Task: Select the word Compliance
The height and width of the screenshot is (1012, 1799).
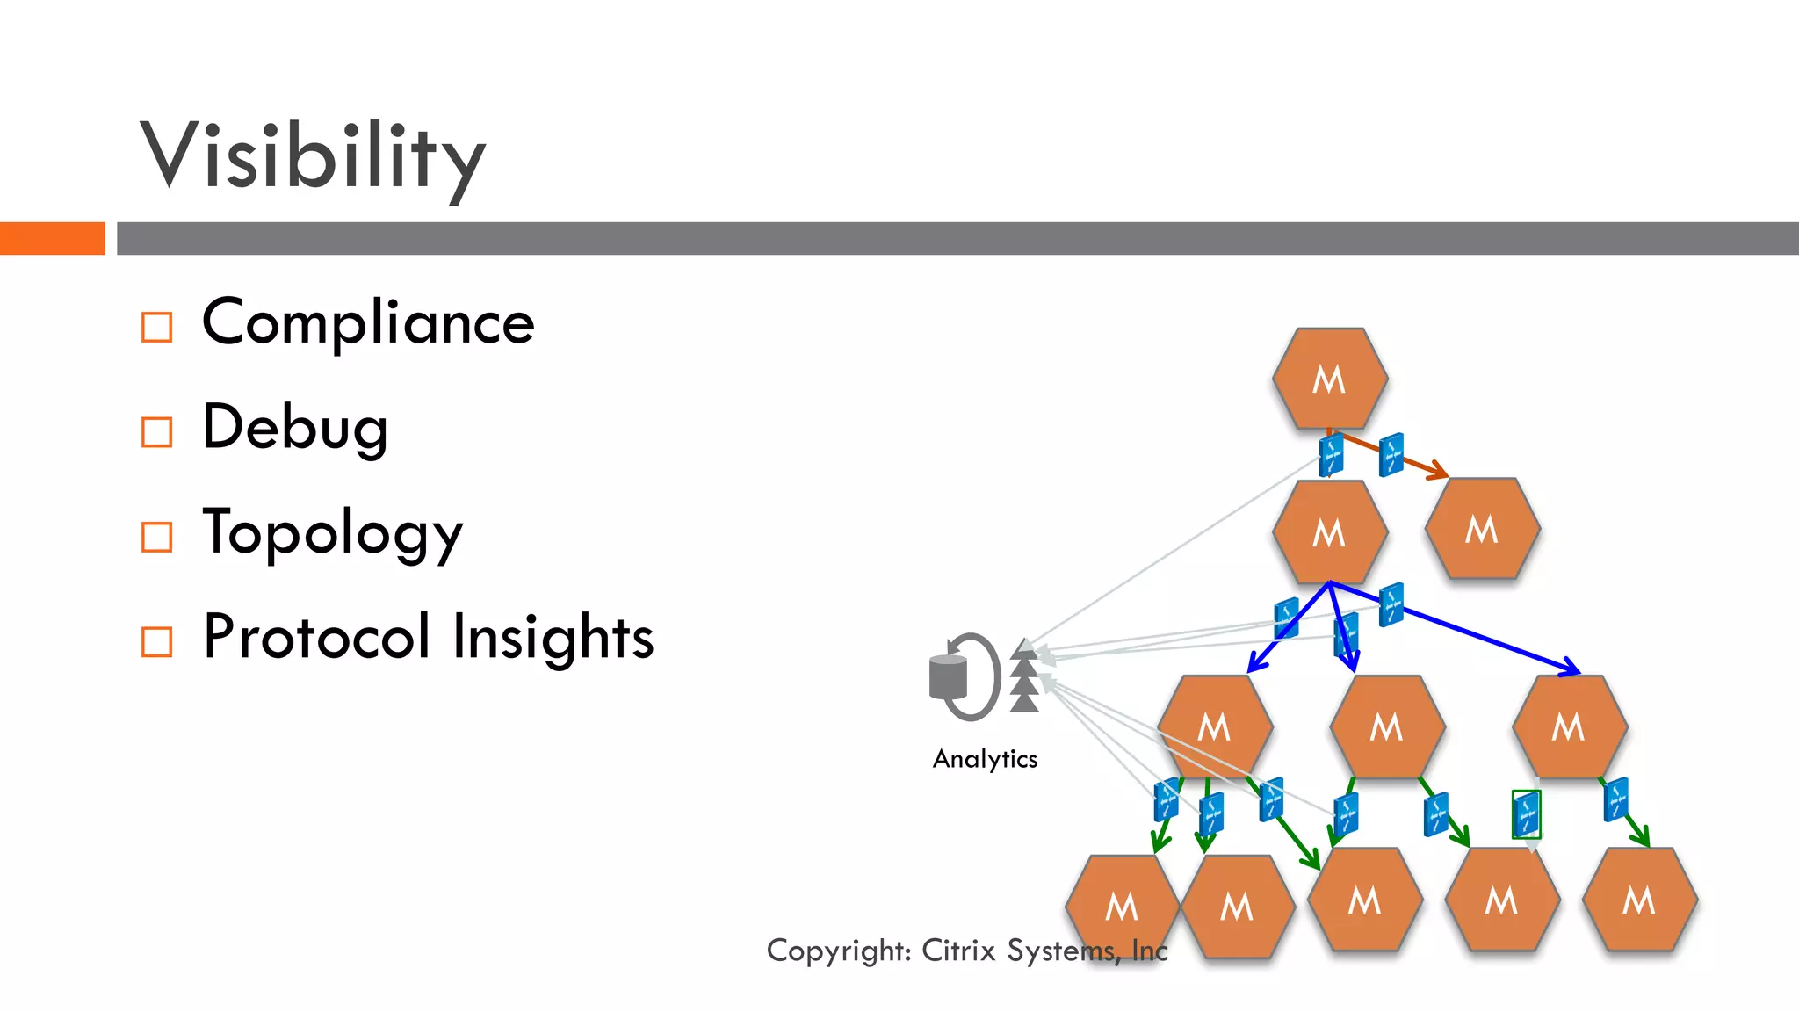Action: [368, 322]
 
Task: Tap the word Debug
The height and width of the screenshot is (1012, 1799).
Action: [295, 428]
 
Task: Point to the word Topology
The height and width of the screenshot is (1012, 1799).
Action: [332, 532]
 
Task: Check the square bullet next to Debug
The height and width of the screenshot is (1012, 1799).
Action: [157, 432]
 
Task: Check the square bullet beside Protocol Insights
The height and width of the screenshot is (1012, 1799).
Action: [157, 642]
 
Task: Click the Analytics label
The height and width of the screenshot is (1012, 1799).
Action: [985, 759]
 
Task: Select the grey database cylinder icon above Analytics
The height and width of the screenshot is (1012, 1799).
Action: [949, 677]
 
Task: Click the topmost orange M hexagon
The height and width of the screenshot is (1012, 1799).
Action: [1330, 379]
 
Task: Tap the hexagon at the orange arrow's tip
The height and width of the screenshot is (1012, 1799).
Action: [1482, 529]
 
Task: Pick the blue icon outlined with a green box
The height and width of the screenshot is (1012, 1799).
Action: [1526, 814]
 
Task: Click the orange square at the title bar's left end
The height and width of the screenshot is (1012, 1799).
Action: [52, 238]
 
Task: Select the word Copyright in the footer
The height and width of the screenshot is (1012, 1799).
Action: [839, 951]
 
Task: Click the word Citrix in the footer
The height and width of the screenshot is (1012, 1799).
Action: [958, 951]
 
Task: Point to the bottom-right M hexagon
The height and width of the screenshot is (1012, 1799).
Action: [1639, 900]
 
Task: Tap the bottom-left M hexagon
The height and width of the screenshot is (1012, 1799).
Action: [1122, 906]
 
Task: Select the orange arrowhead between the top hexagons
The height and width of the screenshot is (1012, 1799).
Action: [1437, 472]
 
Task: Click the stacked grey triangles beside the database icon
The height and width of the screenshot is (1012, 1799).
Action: [1024, 676]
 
